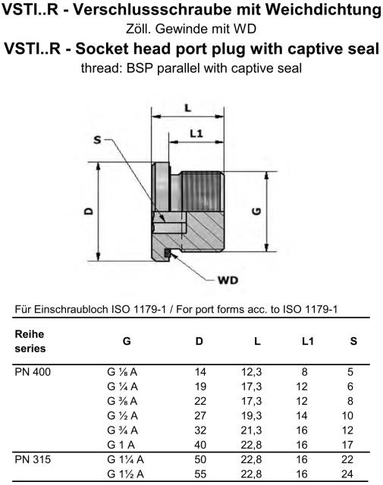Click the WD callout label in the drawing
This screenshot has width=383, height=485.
point(228,280)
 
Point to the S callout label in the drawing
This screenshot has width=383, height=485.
point(98,139)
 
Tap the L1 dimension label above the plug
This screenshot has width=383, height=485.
point(196,133)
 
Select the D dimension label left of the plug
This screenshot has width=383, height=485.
point(89,211)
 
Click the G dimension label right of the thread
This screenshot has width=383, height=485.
point(256,211)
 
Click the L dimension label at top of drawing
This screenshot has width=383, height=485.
point(187,108)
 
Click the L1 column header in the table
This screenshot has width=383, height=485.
point(308,341)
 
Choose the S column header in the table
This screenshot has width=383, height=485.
point(353,341)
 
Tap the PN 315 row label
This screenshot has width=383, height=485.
point(33,459)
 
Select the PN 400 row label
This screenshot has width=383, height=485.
point(33,372)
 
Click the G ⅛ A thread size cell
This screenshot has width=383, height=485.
point(122,372)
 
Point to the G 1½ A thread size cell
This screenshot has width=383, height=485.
point(125,474)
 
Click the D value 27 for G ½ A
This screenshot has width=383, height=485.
point(200,415)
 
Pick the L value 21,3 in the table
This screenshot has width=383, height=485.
point(251,430)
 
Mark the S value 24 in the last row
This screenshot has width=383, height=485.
point(347,474)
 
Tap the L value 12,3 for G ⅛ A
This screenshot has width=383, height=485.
point(251,372)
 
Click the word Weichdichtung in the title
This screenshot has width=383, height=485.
point(323,10)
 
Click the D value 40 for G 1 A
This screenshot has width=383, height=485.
point(200,445)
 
